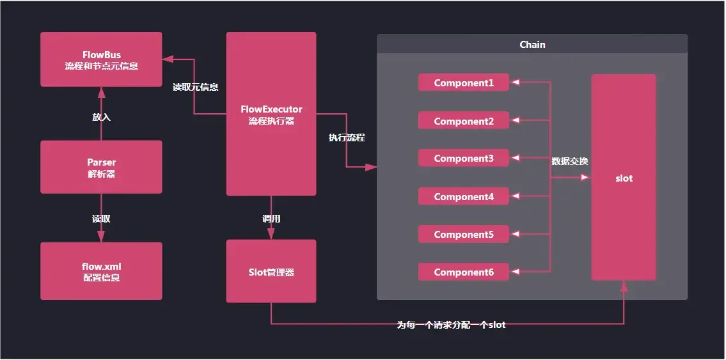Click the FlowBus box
pyautogui.click(x=101, y=59)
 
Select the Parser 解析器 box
pyautogui.click(x=101, y=167)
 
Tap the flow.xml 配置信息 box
pyautogui.click(x=101, y=271)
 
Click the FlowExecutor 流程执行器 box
pyautogui.click(x=271, y=114)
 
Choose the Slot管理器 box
pyautogui.click(x=271, y=271)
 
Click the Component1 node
pyautogui.click(x=464, y=82)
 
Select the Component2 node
pyautogui.click(x=464, y=121)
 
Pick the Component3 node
pyautogui.click(x=464, y=159)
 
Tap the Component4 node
pyautogui.click(x=464, y=197)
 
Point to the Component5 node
pyautogui.click(x=464, y=235)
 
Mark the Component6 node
pyautogui.click(x=464, y=272)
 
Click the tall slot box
pyautogui.click(x=624, y=178)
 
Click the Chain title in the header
pyautogui.click(x=532, y=44)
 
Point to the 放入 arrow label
pyautogui.click(x=101, y=117)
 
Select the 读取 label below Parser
pyautogui.click(x=101, y=219)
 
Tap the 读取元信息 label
pyautogui.click(x=195, y=87)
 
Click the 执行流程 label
pyautogui.click(x=347, y=137)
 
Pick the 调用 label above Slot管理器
pyautogui.click(x=271, y=219)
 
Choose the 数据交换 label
pyautogui.click(x=570, y=162)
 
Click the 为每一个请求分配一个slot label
pyautogui.click(x=451, y=325)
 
